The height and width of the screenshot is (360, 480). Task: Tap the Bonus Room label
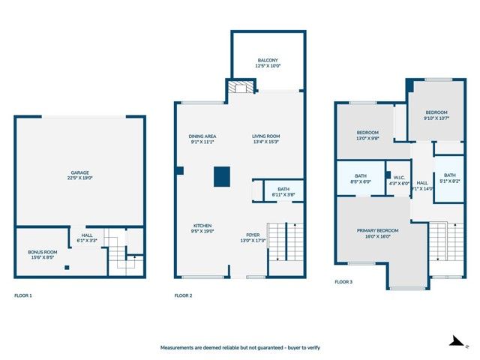pos(43,252)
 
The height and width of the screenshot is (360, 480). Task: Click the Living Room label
pos(265,136)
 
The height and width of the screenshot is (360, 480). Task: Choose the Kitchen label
pos(202,226)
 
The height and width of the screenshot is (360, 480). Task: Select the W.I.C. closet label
pos(398,178)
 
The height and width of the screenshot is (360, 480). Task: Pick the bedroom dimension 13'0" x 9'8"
pos(367,138)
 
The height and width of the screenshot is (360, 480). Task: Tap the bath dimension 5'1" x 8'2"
pos(449,181)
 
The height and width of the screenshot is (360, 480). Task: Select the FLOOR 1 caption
pos(23,295)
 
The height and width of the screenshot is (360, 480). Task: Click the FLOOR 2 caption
pos(183,295)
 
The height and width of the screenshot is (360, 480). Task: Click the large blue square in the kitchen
pos(222,176)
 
